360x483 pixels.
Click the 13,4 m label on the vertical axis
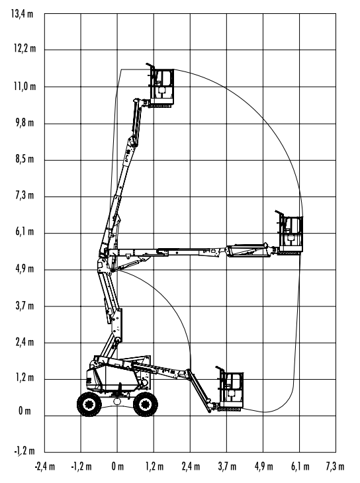(22, 14)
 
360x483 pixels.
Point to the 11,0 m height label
(24, 86)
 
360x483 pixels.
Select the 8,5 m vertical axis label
(24, 159)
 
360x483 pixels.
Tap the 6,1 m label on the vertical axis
(24, 232)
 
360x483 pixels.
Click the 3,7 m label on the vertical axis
(24, 306)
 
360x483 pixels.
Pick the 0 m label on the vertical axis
(24, 411)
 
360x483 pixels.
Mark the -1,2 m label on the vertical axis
(24, 451)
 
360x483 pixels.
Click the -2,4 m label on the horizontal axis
(45, 466)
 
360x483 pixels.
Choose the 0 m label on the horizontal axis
(117, 466)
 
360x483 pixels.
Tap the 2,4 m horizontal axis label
(191, 466)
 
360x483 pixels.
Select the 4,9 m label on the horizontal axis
(263, 466)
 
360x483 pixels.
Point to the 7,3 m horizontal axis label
(335, 466)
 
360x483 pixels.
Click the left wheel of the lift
(89, 404)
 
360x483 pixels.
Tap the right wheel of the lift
(146, 404)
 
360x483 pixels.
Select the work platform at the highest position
(161, 86)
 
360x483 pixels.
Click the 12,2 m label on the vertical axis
(24, 49)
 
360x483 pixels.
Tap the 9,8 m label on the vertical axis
(24, 123)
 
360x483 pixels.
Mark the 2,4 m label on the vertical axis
(24, 342)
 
